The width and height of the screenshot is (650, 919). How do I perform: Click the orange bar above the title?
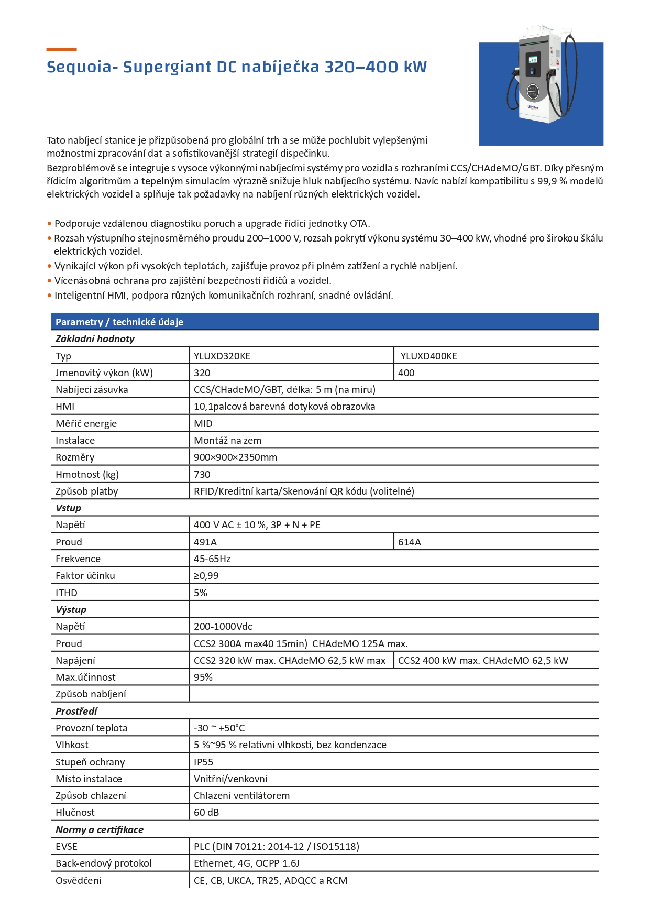[x=61, y=49]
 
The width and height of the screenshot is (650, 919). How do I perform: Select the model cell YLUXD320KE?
[x=222, y=356]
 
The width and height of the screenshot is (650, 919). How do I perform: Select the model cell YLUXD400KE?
[x=428, y=356]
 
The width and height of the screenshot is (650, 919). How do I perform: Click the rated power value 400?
[x=406, y=373]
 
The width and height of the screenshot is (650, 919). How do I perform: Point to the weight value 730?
[x=202, y=475]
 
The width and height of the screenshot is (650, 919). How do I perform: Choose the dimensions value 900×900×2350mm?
[x=235, y=457]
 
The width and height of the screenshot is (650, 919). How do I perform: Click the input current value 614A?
[x=409, y=542]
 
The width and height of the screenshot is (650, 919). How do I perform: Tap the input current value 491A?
[x=205, y=542]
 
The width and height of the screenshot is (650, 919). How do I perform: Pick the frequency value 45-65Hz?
[x=212, y=559]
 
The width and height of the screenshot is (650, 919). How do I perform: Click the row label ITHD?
[x=67, y=593]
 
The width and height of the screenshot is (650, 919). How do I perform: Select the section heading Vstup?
[x=68, y=508]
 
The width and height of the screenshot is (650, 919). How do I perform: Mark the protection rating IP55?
[x=203, y=762]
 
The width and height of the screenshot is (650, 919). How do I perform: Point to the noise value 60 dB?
[x=206, y=813]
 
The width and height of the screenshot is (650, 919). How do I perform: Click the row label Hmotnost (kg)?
[x=87, y=475]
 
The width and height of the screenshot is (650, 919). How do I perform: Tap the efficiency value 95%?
[x=203, y=677]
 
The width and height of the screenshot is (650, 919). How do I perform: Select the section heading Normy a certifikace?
[x=100, y=830]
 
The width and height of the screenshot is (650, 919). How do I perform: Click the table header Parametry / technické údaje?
[x=119, y=322]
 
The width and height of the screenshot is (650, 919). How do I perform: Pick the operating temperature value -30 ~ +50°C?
[x=219, y=728]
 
